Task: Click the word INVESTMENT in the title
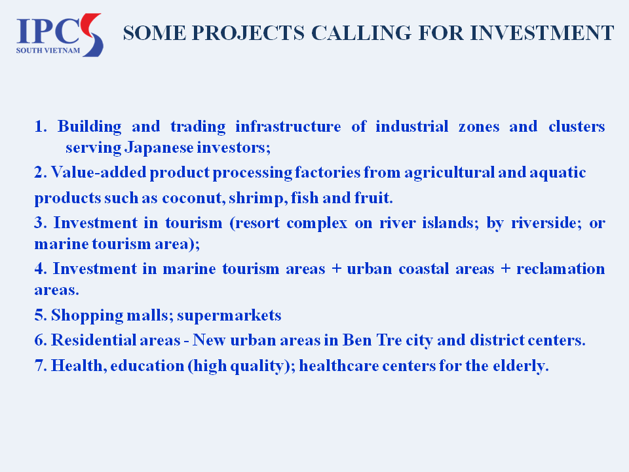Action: [x=542, y=33]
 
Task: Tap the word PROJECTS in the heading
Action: [x=248, y=33]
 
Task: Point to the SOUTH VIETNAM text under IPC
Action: [x=48, y=50]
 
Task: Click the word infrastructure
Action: [x=288, y=127]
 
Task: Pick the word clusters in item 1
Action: [x=577, y=127]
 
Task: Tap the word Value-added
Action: [x=98, y=172]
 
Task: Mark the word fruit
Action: [x=373, y=198]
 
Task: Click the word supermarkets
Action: [x=229, y=316]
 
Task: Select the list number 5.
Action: [x=41, y=315]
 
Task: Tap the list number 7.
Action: [x=41, y=366]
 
